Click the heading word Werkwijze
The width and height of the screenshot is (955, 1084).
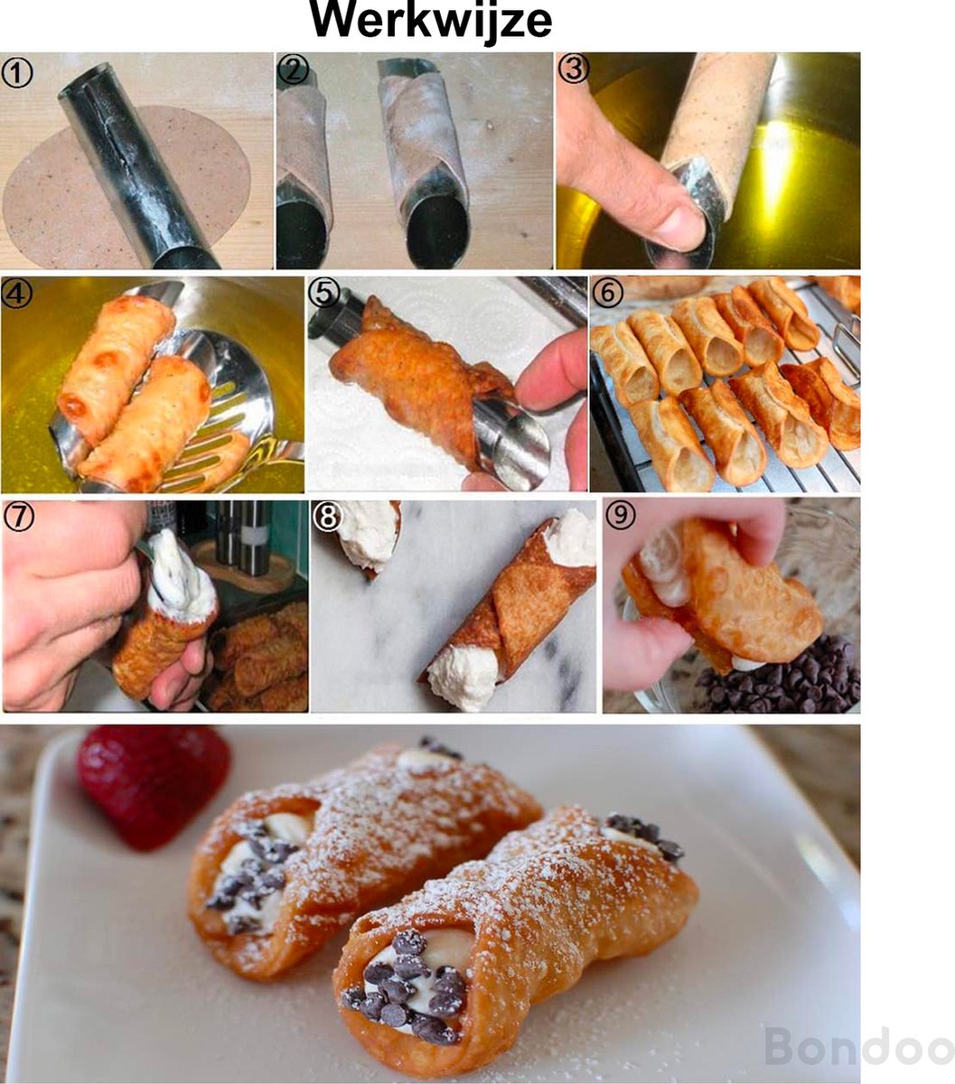(x=430, y=22)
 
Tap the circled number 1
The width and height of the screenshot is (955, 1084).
(x=17, y=73)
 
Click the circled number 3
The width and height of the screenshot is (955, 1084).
(x=574, y=69)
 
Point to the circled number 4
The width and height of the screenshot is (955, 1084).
(x=16, y=294)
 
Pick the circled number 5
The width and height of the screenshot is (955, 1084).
(x=324, y=294)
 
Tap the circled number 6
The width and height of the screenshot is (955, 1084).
(x=607, y=293)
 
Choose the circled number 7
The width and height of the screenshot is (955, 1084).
(x=19, y=518)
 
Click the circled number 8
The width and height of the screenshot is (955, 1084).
(x=328, y=518)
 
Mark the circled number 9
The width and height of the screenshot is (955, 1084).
(x=621, y=515)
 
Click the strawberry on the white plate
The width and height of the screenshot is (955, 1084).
(x=154, y=784)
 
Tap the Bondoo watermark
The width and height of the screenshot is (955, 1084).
(x=859, y=1046)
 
